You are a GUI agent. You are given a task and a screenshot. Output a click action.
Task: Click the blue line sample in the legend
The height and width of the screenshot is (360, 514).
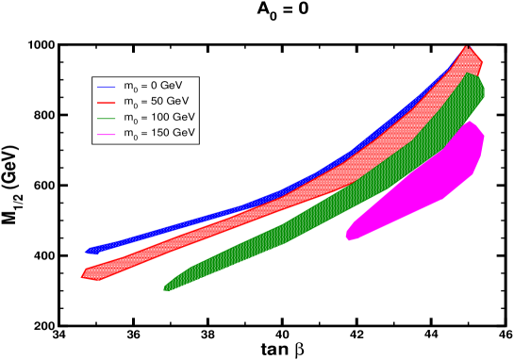point(105,84)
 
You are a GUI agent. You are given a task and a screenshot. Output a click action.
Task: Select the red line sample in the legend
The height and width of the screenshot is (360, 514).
point(105,100)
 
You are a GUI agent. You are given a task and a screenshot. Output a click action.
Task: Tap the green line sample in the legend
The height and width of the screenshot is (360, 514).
point(105,117)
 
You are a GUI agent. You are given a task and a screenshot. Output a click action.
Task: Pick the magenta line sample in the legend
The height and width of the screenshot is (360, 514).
point(105,134)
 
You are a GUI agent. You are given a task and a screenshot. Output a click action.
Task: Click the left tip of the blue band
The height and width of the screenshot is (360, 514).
point(87,252)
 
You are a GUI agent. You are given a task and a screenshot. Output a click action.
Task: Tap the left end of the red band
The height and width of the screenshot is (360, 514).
point(82,274)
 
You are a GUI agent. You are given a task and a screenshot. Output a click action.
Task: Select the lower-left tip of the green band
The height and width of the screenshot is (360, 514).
point(165,288)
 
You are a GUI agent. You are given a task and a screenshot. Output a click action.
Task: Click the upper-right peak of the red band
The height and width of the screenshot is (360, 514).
point(467,47)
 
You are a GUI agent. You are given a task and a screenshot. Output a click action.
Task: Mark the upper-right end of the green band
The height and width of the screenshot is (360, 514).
point(480,75)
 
